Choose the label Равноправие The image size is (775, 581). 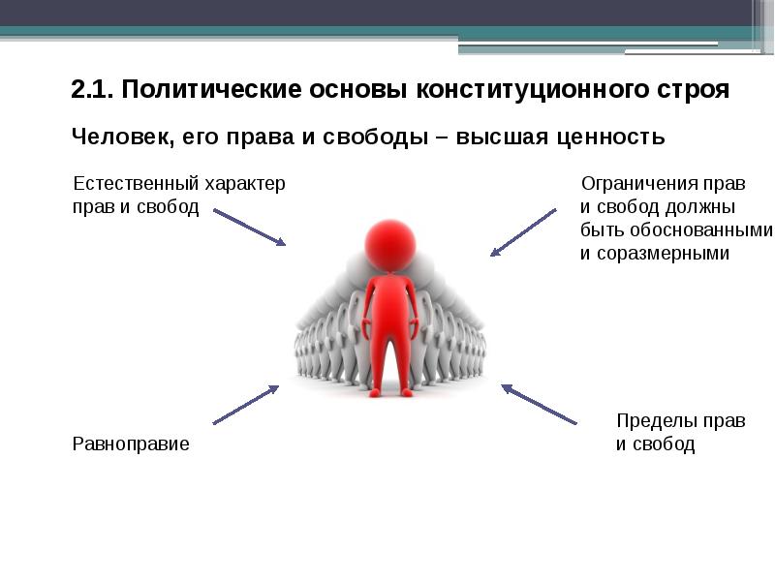tap(131, 444)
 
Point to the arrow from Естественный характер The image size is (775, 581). tap(249, 227)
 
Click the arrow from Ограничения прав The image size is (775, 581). tap(523, 232)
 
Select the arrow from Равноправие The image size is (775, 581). tap(245, 405)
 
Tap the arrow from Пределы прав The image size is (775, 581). tap(539, 404)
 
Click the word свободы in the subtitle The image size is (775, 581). tap(375, 138)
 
